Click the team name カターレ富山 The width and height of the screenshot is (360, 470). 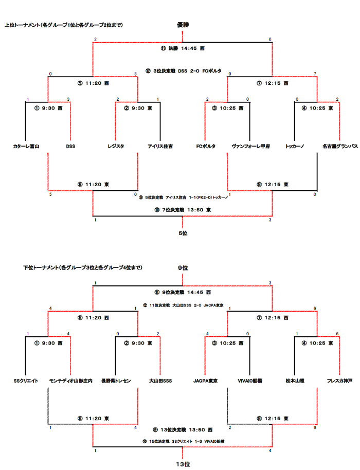tap(26, 147)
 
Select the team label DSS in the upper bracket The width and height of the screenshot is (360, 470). tap(70, 147)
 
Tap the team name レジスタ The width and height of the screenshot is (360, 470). tap(116, 147)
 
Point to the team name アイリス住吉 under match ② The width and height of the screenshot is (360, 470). tap(160, 147)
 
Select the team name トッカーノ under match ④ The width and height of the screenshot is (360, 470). tap(295, 147)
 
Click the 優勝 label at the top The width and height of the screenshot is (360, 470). tap(183, 25)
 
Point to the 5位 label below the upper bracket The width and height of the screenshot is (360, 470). tap(183, 233)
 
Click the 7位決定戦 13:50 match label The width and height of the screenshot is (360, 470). tap(183, 210)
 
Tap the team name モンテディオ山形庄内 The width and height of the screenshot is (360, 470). tap(70, 381)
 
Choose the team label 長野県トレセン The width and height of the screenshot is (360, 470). tap(116, 381)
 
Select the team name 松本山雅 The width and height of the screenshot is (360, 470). tap(295, 381)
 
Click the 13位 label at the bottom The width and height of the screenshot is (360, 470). tap(183, 464)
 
